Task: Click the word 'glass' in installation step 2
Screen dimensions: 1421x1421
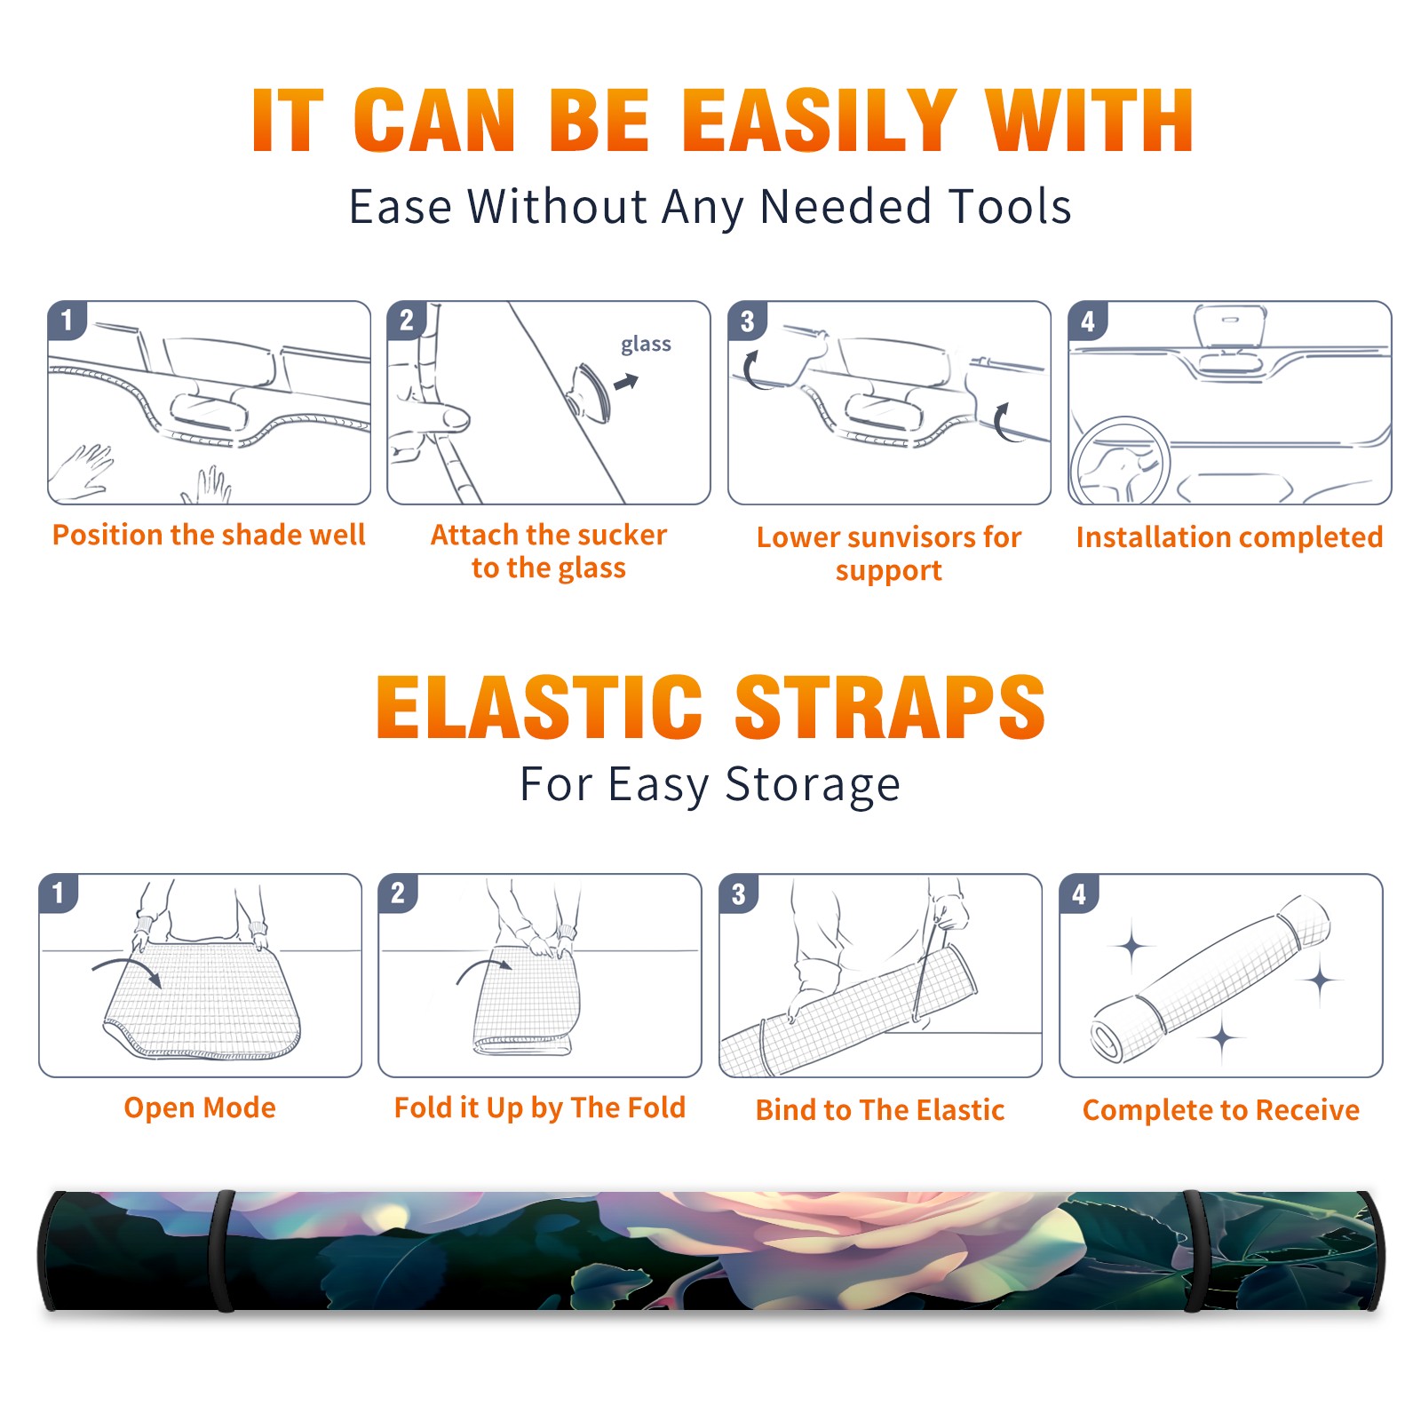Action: [x=646, y=345]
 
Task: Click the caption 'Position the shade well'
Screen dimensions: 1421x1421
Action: [x=209, y=535]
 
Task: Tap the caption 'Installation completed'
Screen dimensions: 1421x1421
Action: [x=1229, y=536]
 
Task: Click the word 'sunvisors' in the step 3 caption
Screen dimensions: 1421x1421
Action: [x=898, y=537]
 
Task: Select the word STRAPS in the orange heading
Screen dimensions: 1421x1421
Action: [x=890, y=707]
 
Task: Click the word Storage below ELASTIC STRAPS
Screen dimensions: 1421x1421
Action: [x=813, y=785]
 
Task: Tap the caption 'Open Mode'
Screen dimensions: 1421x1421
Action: [x=200, y=1107]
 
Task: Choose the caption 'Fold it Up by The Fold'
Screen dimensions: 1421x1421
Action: [x=540, y=1107]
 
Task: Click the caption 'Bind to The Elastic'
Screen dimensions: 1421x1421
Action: [x=880, y=1110]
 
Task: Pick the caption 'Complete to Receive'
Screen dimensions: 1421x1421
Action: [x=1221, y=1110]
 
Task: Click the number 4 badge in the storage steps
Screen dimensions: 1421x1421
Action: [x=1079, y=893]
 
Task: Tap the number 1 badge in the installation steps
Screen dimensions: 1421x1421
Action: [x=67, y=320]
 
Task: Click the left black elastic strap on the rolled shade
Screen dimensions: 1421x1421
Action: [x=224, y=1250]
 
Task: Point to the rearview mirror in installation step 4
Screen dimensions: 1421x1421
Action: [x=1229, y=326]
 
